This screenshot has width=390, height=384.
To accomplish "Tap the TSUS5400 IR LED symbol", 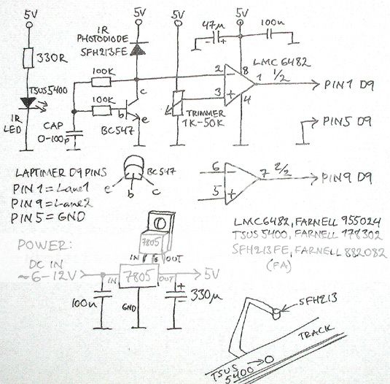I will (30, 103).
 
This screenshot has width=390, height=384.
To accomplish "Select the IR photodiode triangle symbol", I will (138, 48).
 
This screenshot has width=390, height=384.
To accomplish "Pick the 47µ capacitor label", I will (212, 26).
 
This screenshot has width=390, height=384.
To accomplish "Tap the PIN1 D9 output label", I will (348, 85).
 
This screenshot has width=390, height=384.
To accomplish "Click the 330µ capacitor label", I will (205, 299).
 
